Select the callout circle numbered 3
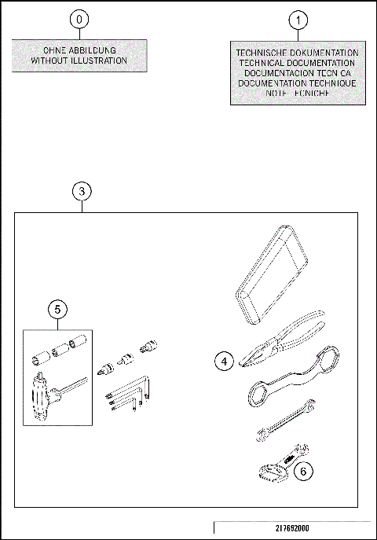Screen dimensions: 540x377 82,191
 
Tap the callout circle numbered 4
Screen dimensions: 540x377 224,361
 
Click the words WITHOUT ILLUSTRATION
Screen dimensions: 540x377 79,61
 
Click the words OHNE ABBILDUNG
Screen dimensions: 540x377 79,50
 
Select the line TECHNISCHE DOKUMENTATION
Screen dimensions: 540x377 298,53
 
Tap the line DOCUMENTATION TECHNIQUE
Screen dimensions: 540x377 298,83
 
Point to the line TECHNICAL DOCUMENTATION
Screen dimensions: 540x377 298,63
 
